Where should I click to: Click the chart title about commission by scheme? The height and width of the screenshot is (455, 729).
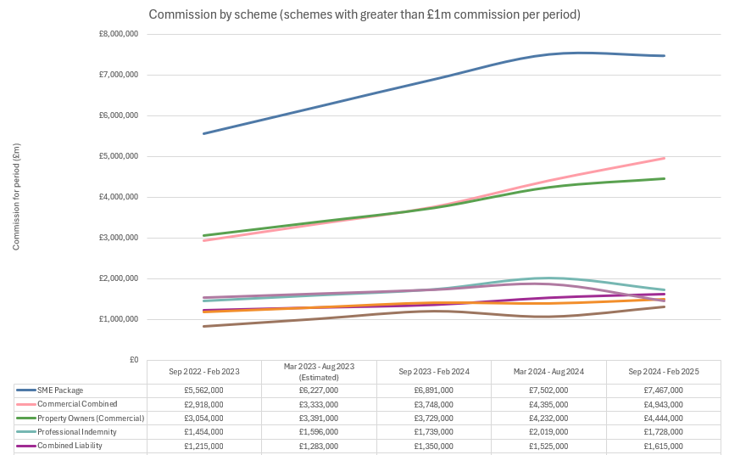tap(364, 15)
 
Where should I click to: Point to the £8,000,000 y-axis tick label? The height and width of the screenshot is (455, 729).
tap(120, 34)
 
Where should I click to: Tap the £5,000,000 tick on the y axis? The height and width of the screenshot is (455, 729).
tap(120, 156)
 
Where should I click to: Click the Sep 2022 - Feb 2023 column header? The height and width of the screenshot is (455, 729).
tap(204, 372)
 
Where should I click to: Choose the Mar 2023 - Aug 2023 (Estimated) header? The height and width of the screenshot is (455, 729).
tap(319, 372)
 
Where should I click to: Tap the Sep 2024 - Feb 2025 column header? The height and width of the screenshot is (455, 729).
tap(664, 372)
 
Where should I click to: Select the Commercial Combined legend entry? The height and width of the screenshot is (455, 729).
tap(76, 404)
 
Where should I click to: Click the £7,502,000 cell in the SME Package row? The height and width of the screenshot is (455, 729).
tap(548, 390)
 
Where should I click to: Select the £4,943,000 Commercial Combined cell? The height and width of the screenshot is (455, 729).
tap(664, 404)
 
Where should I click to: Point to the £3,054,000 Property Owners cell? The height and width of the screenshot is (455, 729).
tap(204, 418)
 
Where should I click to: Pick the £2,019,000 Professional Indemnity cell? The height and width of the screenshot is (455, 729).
tap(548, 432)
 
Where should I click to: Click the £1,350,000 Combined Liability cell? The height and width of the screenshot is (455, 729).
tap(434, 446)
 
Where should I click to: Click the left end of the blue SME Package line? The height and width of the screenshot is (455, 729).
tap(204, 133)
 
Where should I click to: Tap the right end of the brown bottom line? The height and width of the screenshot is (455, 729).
tap(664, 306)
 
